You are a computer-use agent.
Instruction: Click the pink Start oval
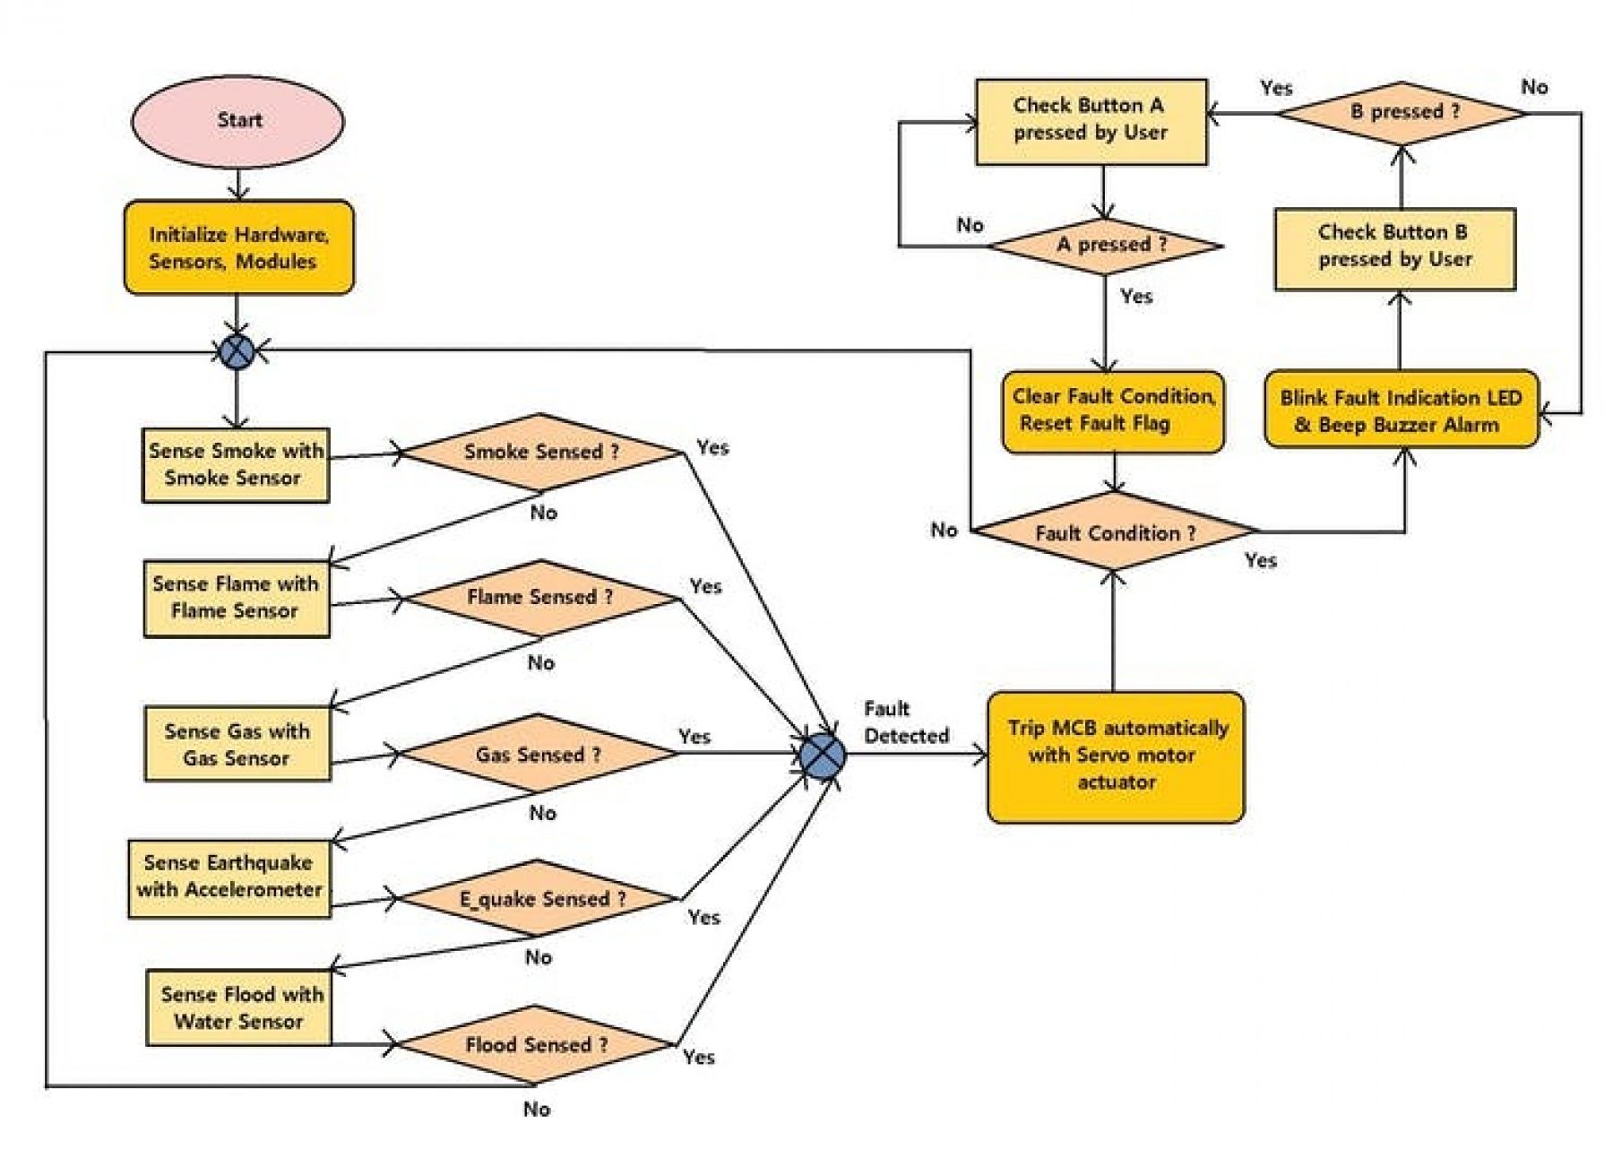point(237,120)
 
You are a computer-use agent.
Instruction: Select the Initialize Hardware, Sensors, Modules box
point(238,247)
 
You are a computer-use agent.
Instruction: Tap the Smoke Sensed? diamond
point(541,452)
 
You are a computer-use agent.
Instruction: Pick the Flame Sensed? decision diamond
point(541,598)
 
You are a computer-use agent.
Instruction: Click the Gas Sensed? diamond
point(538,754)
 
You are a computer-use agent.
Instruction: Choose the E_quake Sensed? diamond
point(539,898)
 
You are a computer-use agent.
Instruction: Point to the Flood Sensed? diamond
point(535,1044)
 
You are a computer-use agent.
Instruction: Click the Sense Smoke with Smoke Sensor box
point(236,465)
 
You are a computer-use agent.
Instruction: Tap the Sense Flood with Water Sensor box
point(238,1007)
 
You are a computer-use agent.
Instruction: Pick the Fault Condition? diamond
point(1114,532)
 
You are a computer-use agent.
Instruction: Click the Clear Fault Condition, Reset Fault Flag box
point(1113,411)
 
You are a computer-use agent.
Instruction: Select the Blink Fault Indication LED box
point(1402,410)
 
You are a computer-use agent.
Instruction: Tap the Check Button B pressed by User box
point(1395,249)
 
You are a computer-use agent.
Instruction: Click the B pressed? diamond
point(1402,113)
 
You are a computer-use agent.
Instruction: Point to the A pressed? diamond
point(1106,246)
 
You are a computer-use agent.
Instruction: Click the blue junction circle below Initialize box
point(237,351)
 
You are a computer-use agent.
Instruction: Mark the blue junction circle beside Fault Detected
point(822,755)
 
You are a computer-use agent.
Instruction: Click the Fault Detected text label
point(906,722)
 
